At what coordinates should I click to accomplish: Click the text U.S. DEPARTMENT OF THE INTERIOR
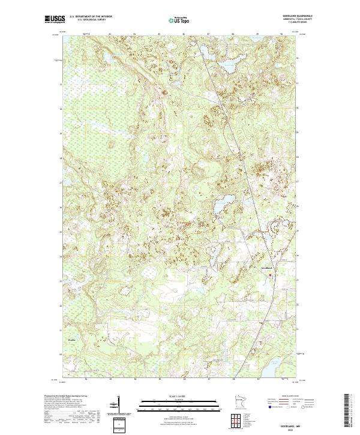91,16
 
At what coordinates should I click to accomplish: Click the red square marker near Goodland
270,275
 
